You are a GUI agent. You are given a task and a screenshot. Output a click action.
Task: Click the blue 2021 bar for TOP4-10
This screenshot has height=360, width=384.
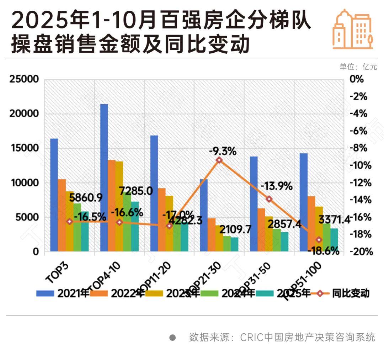(104, 178)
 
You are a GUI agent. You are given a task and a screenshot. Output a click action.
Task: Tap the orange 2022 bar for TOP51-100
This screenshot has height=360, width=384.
(311, 224)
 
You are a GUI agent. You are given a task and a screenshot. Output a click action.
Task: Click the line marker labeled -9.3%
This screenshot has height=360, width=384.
(219, 160)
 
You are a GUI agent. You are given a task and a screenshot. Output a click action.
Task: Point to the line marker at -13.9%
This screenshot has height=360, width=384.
(269, 199)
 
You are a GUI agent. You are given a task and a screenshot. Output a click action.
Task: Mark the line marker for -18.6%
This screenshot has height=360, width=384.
(319, 240)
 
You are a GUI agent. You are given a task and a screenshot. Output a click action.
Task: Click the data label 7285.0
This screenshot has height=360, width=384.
(136, 191)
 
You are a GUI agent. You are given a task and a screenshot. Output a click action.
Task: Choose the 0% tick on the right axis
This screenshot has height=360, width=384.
(357, 79)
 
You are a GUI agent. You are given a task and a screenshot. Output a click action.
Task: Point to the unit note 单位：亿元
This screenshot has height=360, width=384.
(358, 67)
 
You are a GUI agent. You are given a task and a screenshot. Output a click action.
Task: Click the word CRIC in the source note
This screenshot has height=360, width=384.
(252, 337)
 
